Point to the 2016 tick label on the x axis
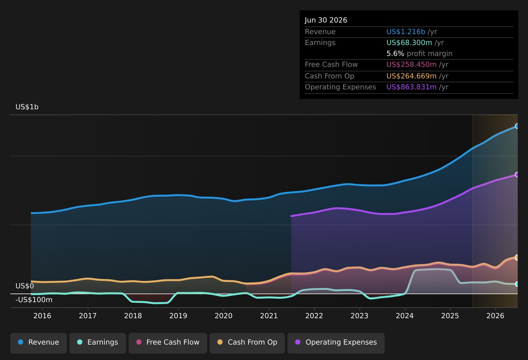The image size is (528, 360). coord(42,316)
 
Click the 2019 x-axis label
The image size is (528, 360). coord(178,316)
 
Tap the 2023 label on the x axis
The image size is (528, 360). coord(359,316)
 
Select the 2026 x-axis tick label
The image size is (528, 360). coord(495,316)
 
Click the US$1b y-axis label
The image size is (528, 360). coord(27,107)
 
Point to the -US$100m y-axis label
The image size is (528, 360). coord(34,300)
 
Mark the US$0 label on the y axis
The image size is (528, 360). coord(25,286)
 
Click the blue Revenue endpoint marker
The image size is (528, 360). coord(517,126)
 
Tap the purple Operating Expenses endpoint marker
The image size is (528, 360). coord(517,175)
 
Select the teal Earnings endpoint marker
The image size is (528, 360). coord(517,284)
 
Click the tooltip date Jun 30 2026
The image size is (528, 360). coord(326,20)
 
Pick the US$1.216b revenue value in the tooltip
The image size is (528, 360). coord(406,32)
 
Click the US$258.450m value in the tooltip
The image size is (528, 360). coord(411,65)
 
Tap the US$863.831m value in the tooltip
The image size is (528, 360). coord(411,87)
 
